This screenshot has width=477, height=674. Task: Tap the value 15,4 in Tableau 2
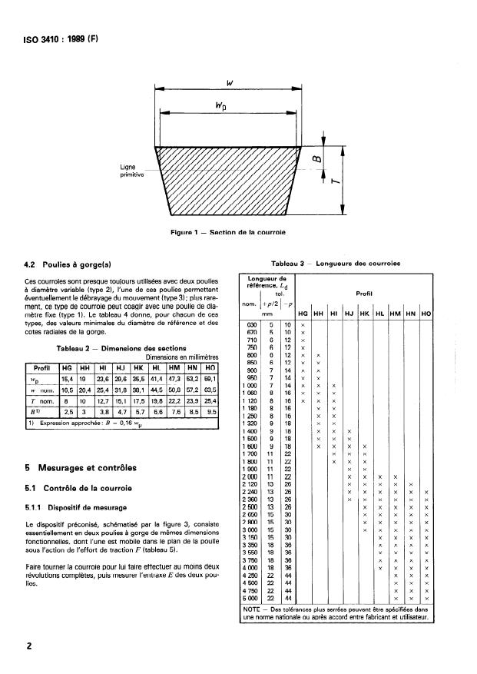click(x=66, y=377)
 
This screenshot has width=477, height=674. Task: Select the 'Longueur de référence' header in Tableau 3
click(x=266, y=283)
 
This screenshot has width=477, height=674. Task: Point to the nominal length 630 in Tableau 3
click(x=250, y=325)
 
